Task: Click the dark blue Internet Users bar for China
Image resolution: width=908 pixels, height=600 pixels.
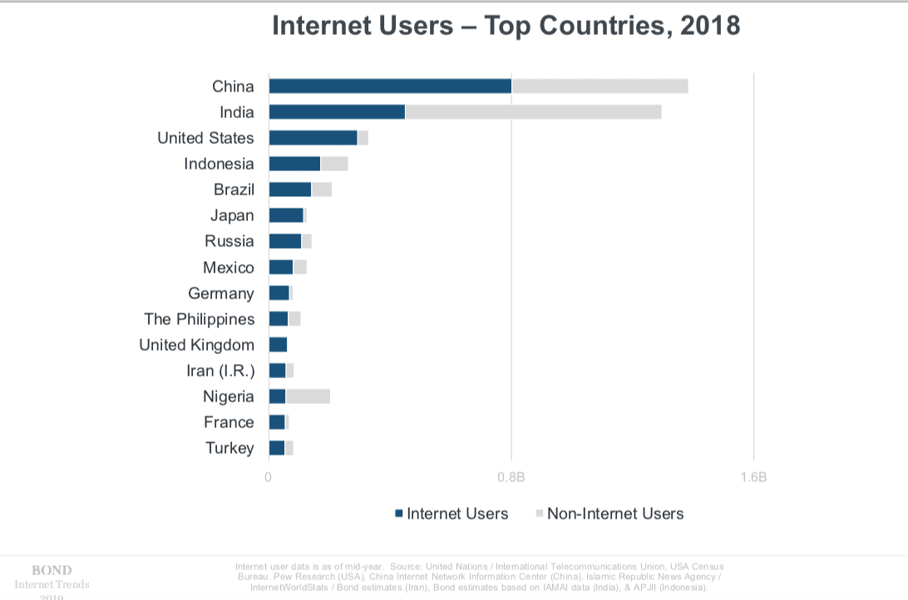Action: coord(390,86)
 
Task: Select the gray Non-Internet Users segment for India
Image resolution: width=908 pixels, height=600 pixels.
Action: coord(533,112)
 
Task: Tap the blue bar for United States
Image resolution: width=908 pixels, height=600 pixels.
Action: coord(313,138)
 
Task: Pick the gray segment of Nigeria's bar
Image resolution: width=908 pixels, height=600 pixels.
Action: coord(308,396)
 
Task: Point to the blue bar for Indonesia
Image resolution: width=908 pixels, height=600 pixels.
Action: coord(294,164)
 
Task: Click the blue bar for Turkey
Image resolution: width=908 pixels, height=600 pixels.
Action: coord(277,448)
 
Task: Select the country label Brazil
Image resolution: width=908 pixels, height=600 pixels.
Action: coord(234,189)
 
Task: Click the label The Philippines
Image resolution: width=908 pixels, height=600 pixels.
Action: coord(199,319)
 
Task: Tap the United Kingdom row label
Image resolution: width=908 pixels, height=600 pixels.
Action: coord(196,345)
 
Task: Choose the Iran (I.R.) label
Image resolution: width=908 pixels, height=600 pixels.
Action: coord(220,371)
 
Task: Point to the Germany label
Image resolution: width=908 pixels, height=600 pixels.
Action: coord(221,293)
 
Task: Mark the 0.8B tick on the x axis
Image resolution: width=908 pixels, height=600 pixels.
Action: coord(511,478)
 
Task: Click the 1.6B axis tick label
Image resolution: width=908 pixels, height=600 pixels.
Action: coord(753,478)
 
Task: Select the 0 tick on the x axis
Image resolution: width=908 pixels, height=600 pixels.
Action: coord(268,478)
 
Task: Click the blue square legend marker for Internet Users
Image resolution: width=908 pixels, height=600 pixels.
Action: coord(399,514)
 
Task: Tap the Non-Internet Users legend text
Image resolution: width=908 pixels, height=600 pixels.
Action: coord(615,514)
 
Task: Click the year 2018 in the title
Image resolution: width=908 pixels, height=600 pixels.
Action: coord(709,26)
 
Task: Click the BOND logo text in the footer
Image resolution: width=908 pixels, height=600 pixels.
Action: coord(52,570)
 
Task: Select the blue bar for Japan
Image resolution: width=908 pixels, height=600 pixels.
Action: coord(286,215)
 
